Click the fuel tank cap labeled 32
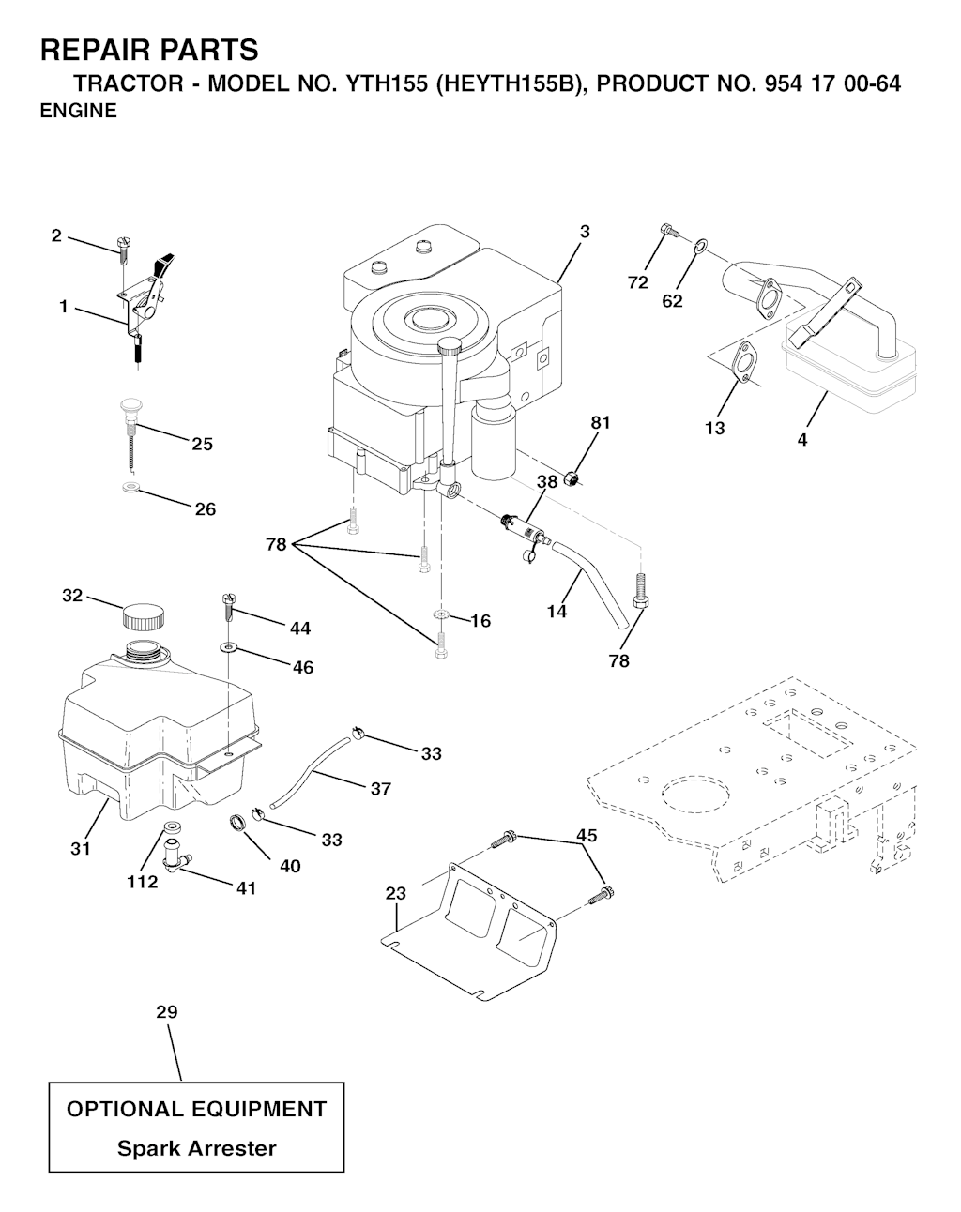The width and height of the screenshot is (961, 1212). pyautogui.click(x=144, y=616)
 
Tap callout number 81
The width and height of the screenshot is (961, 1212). pyautogui.click(x=601, y=422)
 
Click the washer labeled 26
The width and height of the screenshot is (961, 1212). pyautogui.click(x=131, y=486)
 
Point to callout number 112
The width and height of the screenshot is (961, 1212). pyautogui.click(x=142, y=882)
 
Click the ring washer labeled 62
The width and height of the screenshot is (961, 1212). pyautogui.click(x=701, y=246)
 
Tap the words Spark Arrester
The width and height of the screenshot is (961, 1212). pyautogui.click(x=197, y=1148)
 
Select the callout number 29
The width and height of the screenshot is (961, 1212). pyautogui.click(x=167, y=1012)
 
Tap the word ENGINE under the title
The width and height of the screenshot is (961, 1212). pyautogui.click(x=78, y=111)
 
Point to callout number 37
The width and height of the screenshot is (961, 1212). pyautogui.click(x=381, y=789)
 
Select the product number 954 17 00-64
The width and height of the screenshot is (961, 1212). pyautogui.click(x=833, y=83)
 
